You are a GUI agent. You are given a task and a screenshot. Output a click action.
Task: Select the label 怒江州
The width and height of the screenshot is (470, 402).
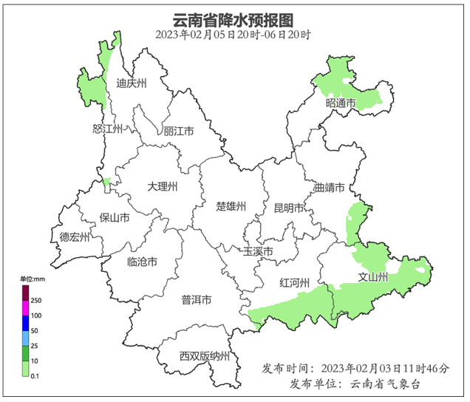pos(106,129)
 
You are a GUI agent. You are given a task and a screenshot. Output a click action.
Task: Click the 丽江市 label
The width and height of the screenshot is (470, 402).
pos(179,132)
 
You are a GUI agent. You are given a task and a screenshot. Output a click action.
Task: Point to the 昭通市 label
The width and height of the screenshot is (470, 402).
pos(341,103)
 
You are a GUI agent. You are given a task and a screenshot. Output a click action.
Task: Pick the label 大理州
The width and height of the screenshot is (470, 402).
pos(162,186)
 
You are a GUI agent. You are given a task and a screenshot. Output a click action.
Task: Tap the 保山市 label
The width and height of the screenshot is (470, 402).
pos(115,218)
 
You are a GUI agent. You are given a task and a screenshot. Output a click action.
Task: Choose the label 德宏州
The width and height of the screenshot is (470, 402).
pos(75,237)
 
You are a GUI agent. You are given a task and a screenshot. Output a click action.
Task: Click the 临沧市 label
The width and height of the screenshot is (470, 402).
pos(142,262)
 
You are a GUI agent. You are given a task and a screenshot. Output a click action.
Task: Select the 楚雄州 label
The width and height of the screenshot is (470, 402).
pos(231,206)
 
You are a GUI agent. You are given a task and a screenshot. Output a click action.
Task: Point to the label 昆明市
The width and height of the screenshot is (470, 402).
pos(289,208)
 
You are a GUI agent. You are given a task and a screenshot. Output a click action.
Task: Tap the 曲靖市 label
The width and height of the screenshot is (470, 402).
pos(329,188)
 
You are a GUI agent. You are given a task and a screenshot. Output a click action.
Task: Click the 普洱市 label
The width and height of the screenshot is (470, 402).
pos(197,300)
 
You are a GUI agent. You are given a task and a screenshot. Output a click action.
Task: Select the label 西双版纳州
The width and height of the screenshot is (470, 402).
pos(205,357)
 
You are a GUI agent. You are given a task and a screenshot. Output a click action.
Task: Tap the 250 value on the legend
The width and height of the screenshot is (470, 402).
pos(35,301)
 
